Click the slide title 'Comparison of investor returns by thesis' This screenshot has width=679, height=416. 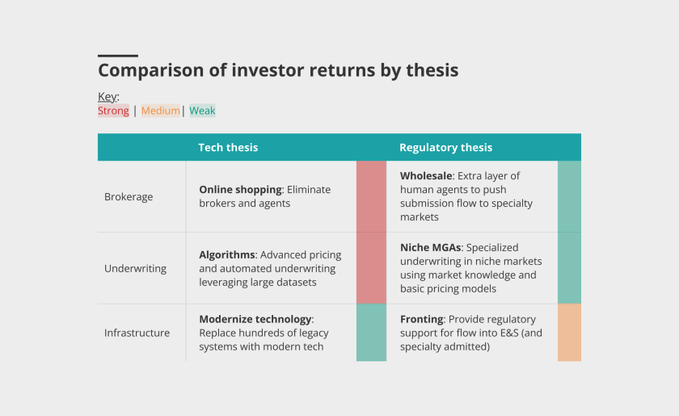pos(278,70)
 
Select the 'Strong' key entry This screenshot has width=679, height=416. pos(113,111)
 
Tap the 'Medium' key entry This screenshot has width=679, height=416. pos(160,111)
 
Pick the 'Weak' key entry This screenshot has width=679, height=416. pos(202,111)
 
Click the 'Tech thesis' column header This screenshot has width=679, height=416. pos(228,147)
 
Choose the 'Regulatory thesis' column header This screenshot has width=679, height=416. pos(445,147)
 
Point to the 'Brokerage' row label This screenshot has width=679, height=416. pos(129,196)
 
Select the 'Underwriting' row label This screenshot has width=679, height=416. pos(135,268)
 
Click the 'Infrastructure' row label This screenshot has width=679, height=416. pos(137,333)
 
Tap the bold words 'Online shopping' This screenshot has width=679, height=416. pos(240,189)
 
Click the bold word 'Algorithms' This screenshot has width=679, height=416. pos(227,254)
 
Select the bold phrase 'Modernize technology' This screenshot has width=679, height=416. pos(255,319)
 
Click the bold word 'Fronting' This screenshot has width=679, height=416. pos(421,319)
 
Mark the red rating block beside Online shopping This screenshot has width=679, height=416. pos(371,196)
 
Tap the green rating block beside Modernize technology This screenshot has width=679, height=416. pos(371,332)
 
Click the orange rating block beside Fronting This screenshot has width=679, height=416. pos(569,332)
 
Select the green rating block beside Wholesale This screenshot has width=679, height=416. pos(569,196)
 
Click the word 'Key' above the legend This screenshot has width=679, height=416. pos(107,97)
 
